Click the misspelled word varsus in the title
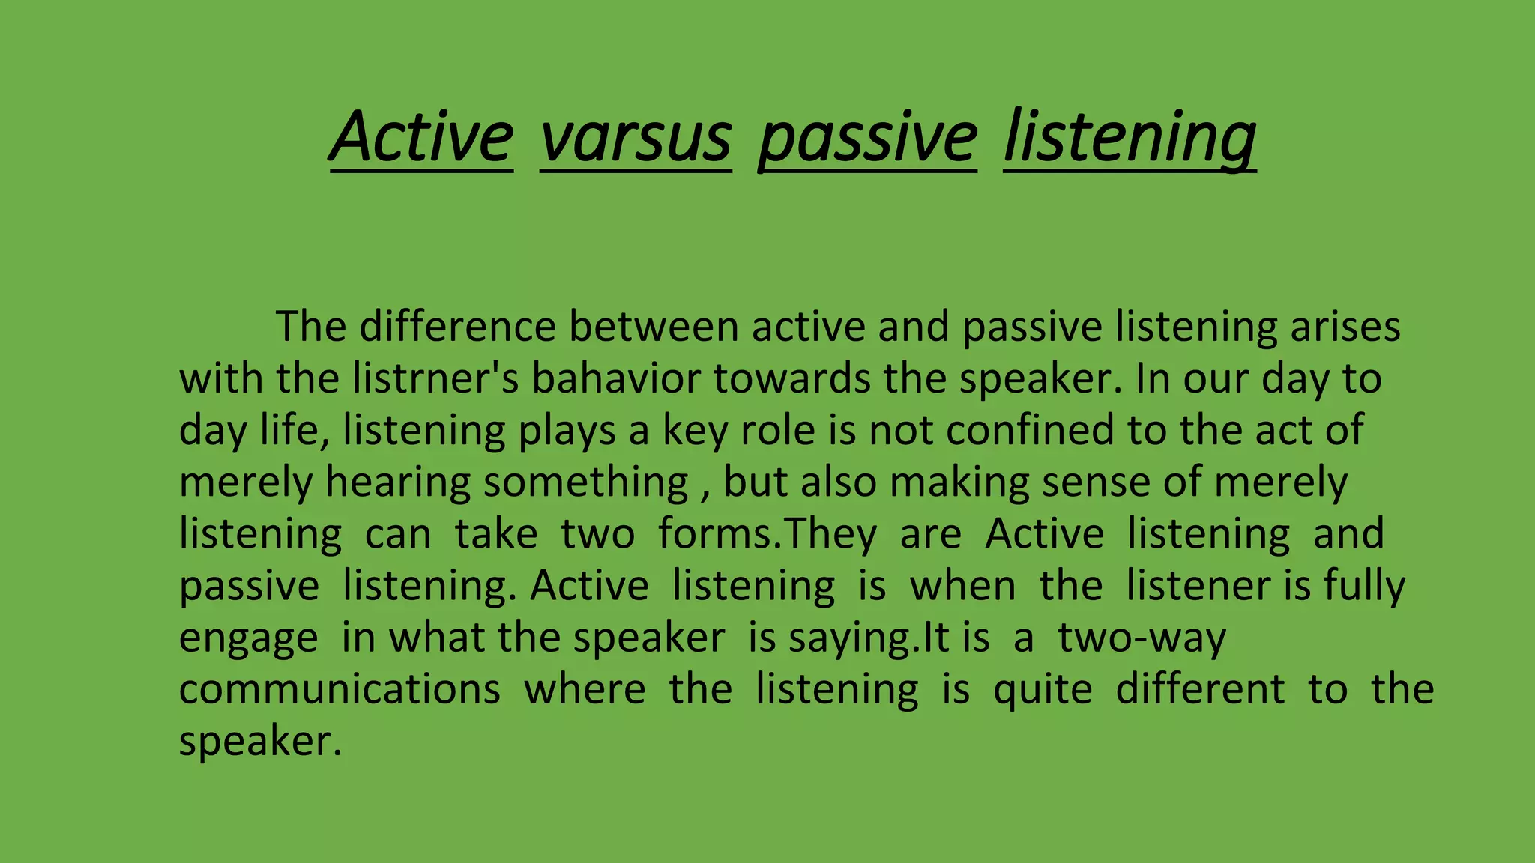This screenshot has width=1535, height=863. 635,138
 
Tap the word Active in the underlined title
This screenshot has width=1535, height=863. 421,138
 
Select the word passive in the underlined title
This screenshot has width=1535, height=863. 867,138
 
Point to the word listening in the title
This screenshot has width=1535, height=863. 1130,138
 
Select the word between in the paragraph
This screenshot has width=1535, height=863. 654,327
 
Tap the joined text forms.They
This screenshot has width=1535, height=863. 767,533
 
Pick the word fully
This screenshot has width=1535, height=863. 1364,585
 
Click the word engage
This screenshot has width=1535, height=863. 248,638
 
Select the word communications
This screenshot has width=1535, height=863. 339,689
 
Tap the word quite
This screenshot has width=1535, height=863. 1043,689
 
